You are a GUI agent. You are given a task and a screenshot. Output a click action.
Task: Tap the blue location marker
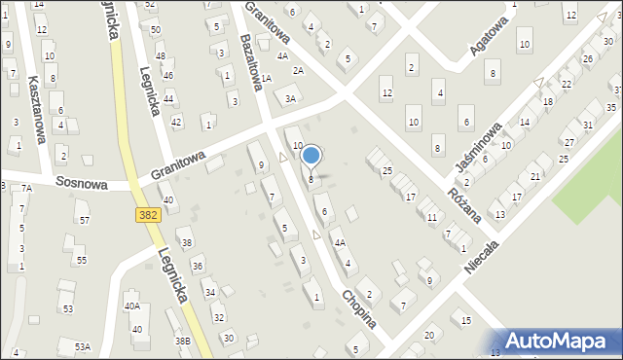click(x=311, y=155)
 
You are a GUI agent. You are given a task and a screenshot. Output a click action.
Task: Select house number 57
click(x=85, y=220)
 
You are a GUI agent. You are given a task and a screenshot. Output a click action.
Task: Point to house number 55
click(x=82, y=260)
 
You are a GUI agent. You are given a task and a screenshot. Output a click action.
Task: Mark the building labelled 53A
click(x=84, y=346)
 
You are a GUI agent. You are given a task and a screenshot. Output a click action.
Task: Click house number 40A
click(x=132, y=306)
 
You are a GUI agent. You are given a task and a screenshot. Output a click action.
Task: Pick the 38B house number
click(x=182, y=341)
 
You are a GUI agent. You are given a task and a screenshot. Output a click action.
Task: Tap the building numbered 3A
click(x=290, y=97)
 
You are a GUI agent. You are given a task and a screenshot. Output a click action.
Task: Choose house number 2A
click(x=299, y=70)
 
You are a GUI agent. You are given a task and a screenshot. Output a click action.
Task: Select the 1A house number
click(x=265, y=78)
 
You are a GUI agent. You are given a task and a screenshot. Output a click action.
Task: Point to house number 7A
click(x=26, y=188)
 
